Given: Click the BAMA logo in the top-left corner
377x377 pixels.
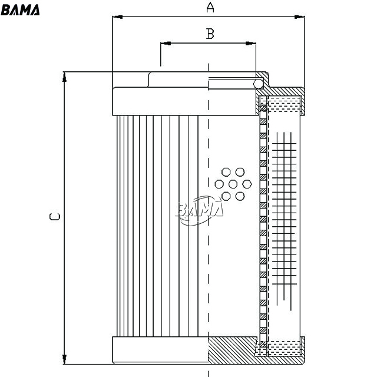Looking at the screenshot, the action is [x=20, y=10].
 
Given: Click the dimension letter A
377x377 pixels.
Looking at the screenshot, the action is [x=210, y=7].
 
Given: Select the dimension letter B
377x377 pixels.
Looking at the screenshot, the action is [x=210, y=34].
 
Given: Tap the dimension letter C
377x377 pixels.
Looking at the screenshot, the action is [x=55, y=217].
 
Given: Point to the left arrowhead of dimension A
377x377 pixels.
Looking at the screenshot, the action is [x=118, y=17].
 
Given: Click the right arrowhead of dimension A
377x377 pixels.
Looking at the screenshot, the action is [x=300, y=17].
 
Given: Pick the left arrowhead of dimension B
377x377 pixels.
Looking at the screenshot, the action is [x=166, y=43].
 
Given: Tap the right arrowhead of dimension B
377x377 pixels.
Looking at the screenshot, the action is [x=251, y=43].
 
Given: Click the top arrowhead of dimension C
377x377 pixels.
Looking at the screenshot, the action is [x=64, y=77].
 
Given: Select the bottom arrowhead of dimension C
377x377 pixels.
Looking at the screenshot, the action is [x=64, y=359].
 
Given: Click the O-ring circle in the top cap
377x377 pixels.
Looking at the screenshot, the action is [x=258, y=84].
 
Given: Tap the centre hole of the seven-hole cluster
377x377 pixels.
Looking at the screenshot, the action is [x=233, y=184].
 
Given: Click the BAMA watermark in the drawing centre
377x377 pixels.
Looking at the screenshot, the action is [x=200, y=210].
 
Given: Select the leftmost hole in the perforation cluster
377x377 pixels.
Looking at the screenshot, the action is [x=219, y=184].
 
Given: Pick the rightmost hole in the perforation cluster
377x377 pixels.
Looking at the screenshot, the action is [x=247, y=184].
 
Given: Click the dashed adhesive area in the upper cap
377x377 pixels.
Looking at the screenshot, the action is [x=284, y=104].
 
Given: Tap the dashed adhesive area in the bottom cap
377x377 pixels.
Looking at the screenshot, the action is [x=284, y=348].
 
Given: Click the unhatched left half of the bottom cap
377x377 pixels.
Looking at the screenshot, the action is [x=160, y=350].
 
